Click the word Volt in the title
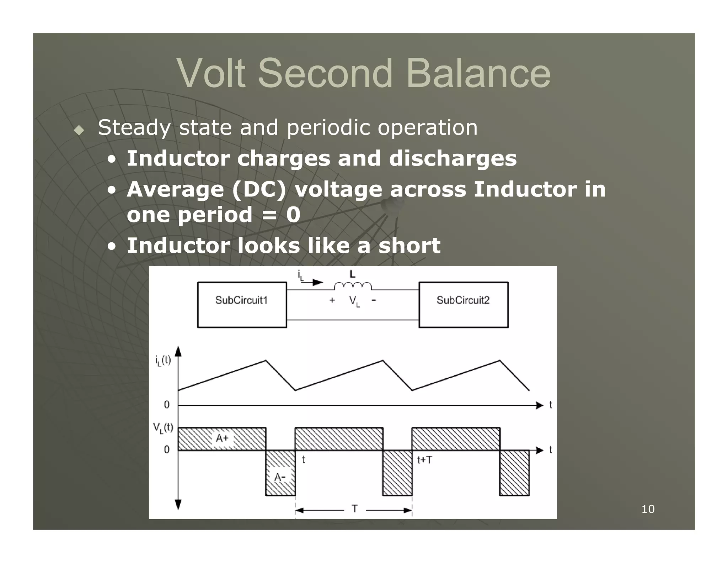coord(211,73)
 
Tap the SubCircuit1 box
coord(242,305)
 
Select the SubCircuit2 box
coord(463,305)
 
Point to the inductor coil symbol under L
coord(353,286)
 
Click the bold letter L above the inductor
coord(352,274)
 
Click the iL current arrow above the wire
coord(313,282)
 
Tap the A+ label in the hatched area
coord(222,438)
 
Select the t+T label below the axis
coord(424,460)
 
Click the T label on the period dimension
coord(354,509)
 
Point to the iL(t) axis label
coord(163,361)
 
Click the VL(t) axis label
coord(163,427)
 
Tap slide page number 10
coord(648,509)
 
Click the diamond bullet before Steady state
coord(79,130)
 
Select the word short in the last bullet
coord(409,246)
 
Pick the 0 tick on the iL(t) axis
coord(167,405)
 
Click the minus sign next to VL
coord(374,300)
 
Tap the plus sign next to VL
coord(332,300)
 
